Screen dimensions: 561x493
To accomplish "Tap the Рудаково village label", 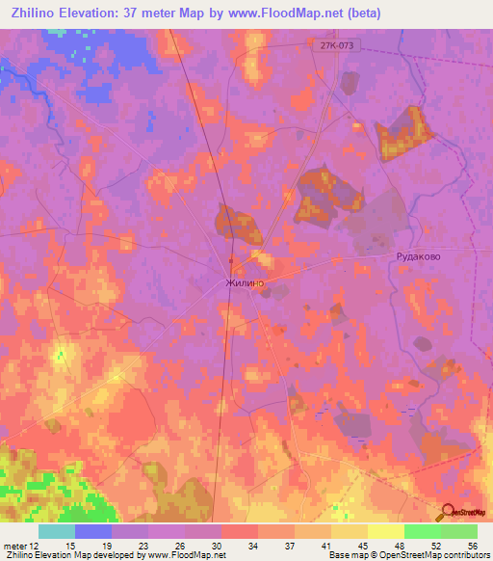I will click(x=419, y=257).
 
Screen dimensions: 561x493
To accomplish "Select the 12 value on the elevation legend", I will click(x=38, y=546).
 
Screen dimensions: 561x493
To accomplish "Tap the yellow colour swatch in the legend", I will click(x=385, y=531).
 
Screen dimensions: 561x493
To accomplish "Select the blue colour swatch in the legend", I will click(x=92, y=531).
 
